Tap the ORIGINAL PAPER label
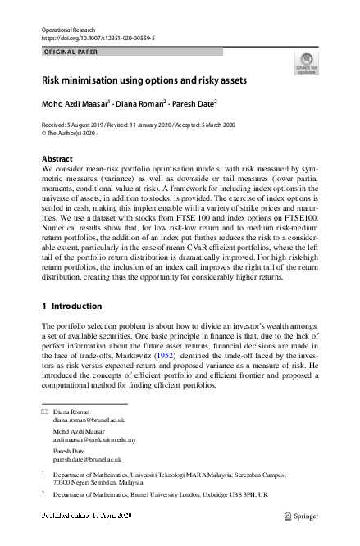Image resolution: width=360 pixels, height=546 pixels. pos(70,52)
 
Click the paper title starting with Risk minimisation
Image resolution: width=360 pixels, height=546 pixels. pos(144,82)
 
